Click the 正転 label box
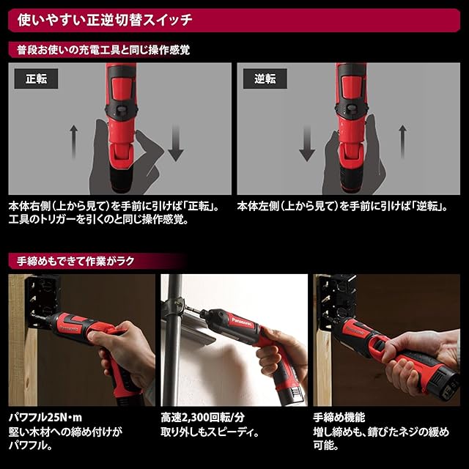(36, 78)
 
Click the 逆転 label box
(265, 78)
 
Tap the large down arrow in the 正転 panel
(176, 143)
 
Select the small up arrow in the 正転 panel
(73, 142)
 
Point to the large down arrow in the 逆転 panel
(307, 143)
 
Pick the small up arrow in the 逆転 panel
(402, 142)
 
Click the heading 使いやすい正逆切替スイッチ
(105, 20)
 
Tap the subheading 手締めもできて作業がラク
(75, 261)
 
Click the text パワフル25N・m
(45, 417)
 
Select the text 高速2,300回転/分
(203, 417)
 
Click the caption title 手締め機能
(339, 417)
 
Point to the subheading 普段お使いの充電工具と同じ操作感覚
(103, 50)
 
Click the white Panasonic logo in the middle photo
(243, 323)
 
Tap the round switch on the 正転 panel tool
(121, 110)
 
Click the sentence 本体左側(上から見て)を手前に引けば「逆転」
(342, 206)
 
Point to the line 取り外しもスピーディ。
(210, 432)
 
